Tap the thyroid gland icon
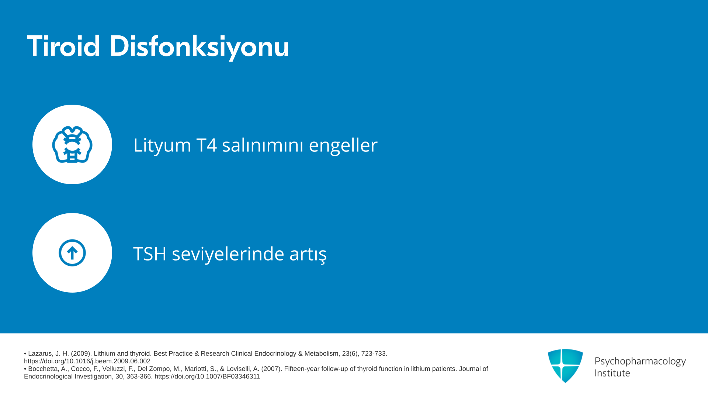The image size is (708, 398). (x=72, y=144)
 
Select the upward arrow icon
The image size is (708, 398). (x=72, y=253)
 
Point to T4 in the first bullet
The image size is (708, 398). (x=206, y=145)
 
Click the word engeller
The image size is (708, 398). (x=343, y=145)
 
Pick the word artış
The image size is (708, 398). (x=308, y=254)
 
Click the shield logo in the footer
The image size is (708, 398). (x=565, y=366)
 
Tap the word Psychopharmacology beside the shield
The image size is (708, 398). (x=640, y=362)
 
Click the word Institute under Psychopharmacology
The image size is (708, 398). (x=612, y=373)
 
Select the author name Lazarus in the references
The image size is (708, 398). (x=41, y=354)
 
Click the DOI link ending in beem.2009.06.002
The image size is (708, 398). (x=87, y=362)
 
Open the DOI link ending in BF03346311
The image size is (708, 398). (x=207, y=377)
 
